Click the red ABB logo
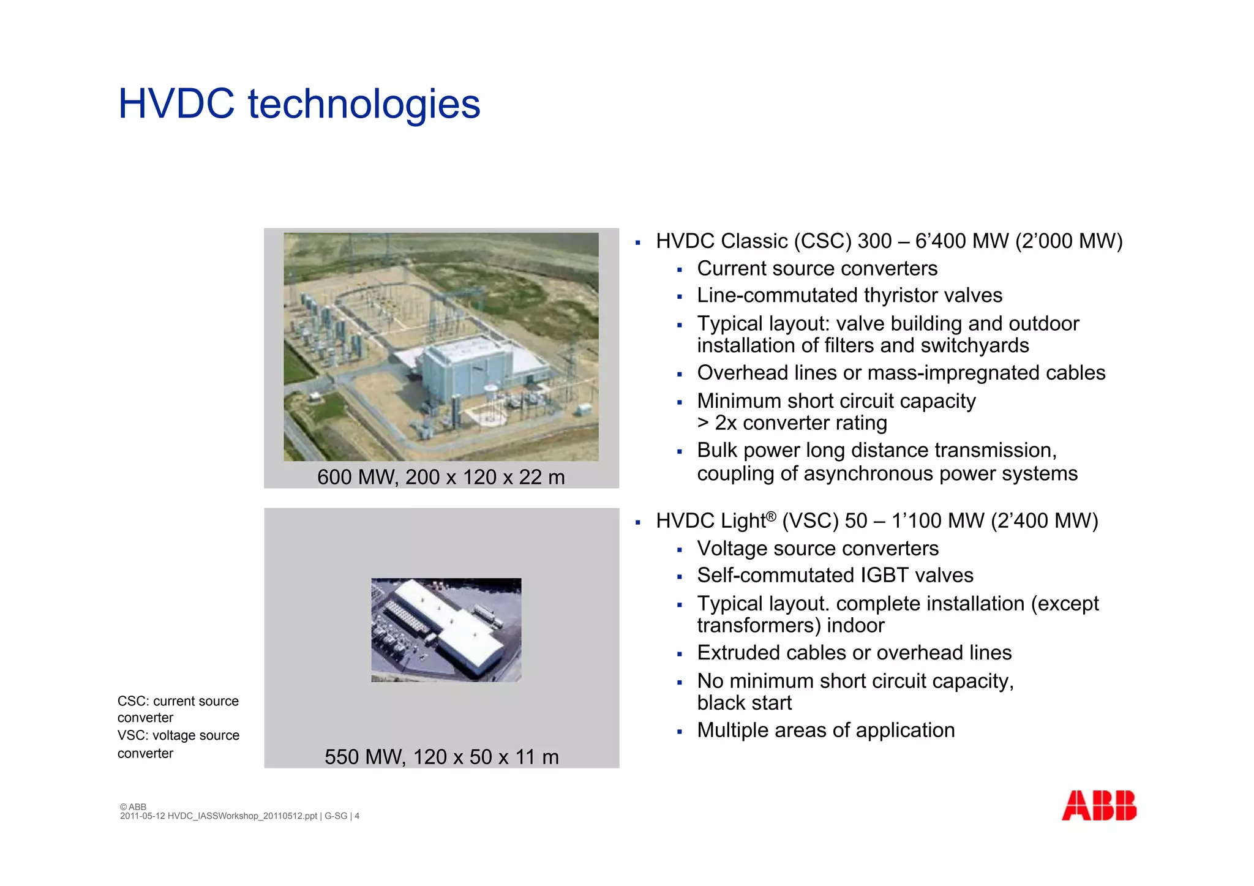[x=1098, y=805]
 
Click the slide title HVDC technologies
[x=299, y=103]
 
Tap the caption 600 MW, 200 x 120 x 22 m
[x=441, y=477]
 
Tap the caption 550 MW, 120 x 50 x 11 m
[x=441, y=757]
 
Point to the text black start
[x=744, y=703]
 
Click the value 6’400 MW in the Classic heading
[x=961, y=241]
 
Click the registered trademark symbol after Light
[x=771, y=516]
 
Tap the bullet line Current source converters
[x=817, y=269]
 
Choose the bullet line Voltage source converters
[x=817, y=549]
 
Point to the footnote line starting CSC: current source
[x=178, y=701]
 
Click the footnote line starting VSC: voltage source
[x=178, y=735]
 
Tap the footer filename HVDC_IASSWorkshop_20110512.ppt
[x=242, y=816]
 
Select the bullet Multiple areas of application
[x=825, y=730]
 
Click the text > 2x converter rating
[x=792, y=423]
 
